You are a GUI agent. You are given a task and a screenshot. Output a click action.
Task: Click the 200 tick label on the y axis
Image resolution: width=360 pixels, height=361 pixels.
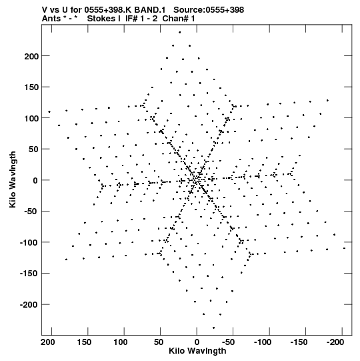point(31,57)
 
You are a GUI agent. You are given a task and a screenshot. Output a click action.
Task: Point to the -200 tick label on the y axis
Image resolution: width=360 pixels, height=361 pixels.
point(29,305)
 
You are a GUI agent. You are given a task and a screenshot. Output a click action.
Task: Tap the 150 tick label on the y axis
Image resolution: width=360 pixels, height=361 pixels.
point(31,87)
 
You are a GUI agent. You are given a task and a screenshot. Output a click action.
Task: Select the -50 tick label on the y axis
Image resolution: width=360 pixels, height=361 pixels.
point(31,212)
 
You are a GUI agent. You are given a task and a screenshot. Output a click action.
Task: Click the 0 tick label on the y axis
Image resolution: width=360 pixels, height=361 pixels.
point(35,181)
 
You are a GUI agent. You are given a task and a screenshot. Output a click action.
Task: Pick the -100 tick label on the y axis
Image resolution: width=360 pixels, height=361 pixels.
point(29,243)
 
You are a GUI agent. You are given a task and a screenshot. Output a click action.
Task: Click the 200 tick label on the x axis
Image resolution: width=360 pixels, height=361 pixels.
point(48,342)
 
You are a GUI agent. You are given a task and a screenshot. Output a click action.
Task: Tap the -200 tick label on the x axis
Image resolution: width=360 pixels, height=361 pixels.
point(335,342)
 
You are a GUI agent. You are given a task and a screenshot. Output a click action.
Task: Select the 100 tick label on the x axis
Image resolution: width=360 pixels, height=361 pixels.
point(121,342)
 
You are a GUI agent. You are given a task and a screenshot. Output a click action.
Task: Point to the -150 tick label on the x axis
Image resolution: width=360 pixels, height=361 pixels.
point(299,342)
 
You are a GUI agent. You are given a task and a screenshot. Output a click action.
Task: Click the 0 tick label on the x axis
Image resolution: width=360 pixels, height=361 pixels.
point(197,342)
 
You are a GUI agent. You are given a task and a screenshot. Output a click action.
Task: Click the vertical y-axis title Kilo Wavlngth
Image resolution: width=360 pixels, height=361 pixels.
point(13,179)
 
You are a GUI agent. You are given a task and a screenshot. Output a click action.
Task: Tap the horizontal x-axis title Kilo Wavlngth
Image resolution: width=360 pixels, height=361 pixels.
point(197,351)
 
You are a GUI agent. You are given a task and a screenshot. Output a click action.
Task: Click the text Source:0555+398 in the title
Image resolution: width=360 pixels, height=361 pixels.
point(209,10)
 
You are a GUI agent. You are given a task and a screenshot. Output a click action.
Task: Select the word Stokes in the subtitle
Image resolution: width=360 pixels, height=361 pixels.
point(104,19)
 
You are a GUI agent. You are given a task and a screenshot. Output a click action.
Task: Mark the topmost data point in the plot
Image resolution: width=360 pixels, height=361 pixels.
point(179,33)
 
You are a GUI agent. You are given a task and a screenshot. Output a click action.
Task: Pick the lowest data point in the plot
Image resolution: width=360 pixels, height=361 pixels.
point(213,328)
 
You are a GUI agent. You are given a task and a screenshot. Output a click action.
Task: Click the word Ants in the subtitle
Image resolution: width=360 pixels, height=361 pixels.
point(52,19)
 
